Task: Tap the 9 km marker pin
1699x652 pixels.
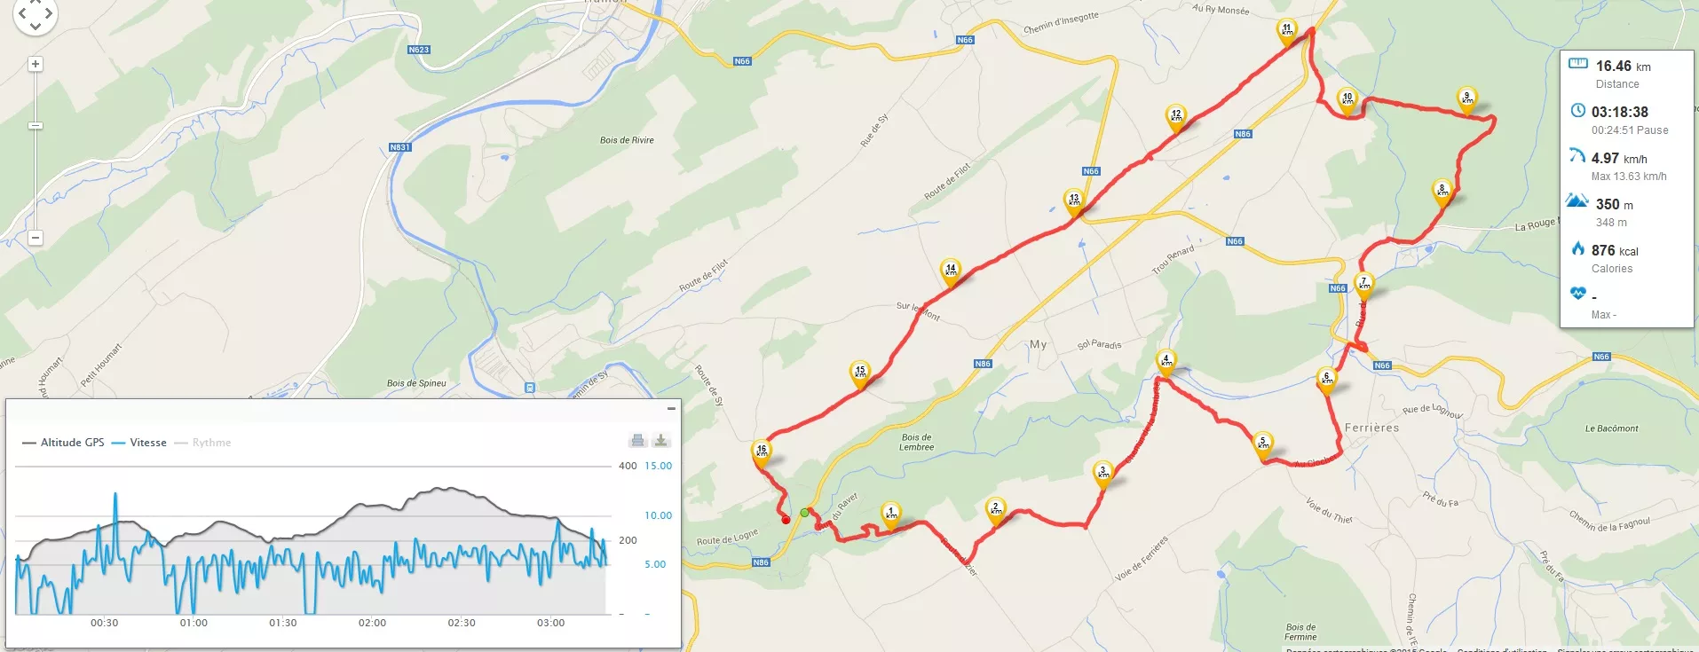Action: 1466,98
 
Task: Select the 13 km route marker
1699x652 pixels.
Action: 1074,200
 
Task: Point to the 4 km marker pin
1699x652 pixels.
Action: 1166,361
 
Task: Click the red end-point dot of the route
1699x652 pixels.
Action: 786,520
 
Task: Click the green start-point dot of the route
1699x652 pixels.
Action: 804,513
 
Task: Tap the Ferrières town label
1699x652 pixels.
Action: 1371,428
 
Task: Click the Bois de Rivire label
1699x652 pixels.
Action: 627,140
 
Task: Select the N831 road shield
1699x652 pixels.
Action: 399,147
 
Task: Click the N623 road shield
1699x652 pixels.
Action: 419,50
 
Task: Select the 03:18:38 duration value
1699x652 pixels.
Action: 1619,113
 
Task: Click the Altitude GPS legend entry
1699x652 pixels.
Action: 72,443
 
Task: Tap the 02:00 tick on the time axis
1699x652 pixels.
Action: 372,623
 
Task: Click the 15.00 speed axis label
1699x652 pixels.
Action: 658,466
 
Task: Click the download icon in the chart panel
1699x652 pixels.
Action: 660,441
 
